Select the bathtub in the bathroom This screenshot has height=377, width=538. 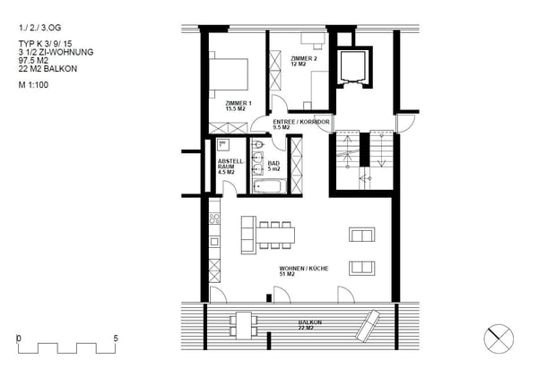(269, 187)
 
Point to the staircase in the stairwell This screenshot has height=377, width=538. (363, 162)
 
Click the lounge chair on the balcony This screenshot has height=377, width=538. (369, 323)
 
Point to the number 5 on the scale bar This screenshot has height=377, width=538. (116, 338)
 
